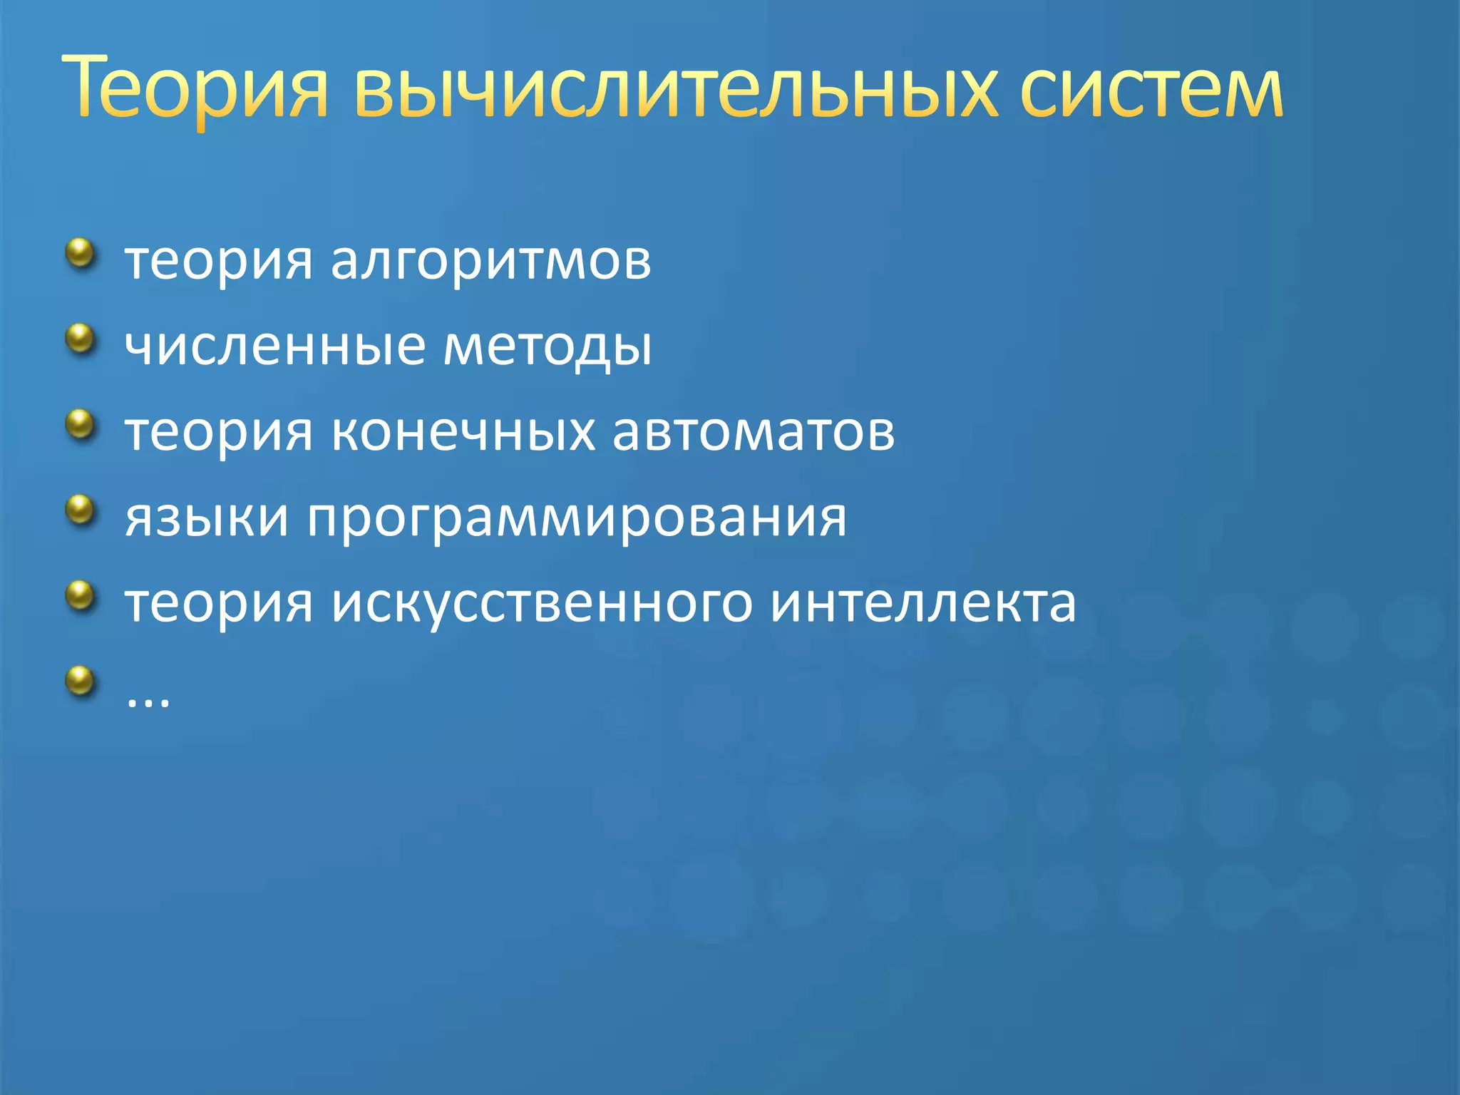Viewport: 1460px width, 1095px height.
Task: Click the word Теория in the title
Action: pyautogui.click(x=195, y=89)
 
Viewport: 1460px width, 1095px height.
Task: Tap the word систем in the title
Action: pyautogui.click(x=1151, y=89)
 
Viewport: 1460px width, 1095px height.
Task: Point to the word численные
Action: pyautogui.click(x=275, y=346)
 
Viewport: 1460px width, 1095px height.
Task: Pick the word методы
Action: pyautogui.click(x=547, y=346)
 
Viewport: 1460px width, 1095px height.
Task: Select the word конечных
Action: pyautogui.click(x=463, y=432)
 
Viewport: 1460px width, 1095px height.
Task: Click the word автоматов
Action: pyautogui.click(x=754, y=432)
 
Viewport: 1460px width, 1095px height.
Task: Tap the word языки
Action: pyautogui.click(x=207, y=518)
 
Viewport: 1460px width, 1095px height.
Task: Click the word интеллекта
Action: pyautogui.click(x=924, y=603)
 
